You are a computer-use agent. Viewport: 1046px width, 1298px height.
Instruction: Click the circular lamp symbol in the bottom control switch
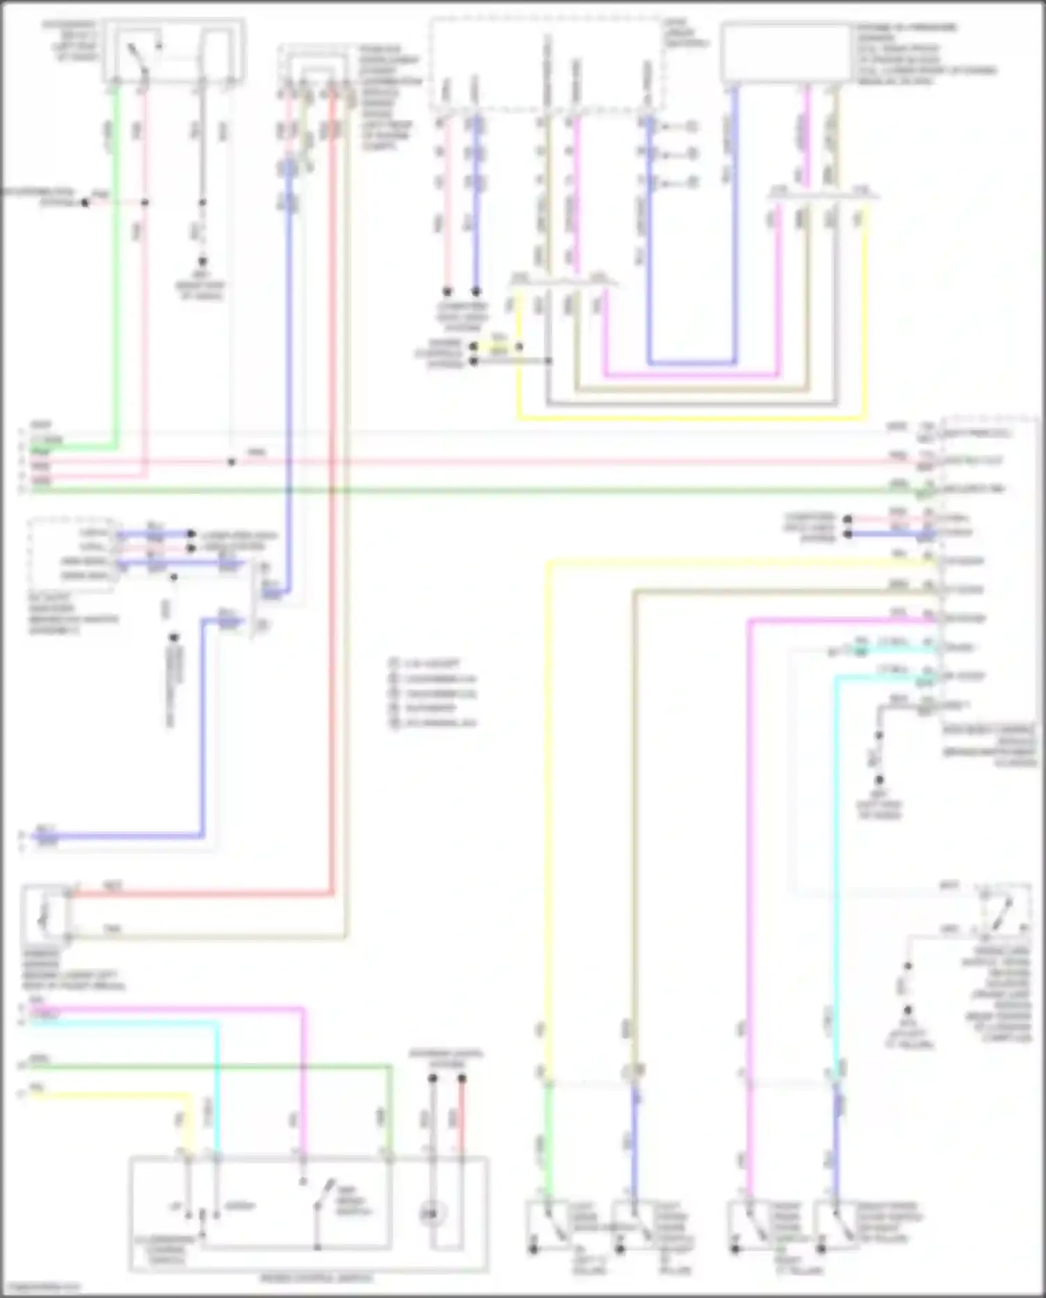pyautogui.click(x=432, y=1214)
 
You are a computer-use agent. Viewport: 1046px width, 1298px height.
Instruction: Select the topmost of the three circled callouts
pyautogui.click(x=691, y=127)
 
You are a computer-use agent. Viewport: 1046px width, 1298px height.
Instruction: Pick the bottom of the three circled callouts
pyautogui.click(x=691, y=183)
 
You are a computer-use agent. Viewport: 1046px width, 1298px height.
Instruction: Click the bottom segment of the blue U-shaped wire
pyautogui.click(x=690, y=363)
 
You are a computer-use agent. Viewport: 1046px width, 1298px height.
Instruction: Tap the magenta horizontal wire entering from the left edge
pyautogui.click(x=167, y=1009)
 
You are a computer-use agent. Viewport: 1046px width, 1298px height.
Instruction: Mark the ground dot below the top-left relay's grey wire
pyautogui.click(x=202, y=262)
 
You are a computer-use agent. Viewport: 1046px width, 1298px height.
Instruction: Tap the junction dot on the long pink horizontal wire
pyautogui.click(x=232, y=462)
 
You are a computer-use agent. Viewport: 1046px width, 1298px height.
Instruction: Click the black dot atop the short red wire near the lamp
pyautogui.click(x=462, y=1078)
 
